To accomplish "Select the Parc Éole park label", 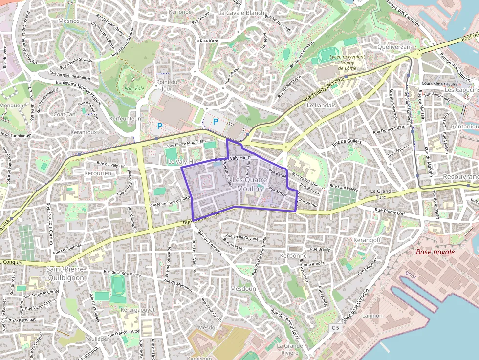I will pyautogui.click(x=134, y=89).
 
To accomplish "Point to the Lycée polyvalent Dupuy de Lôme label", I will pyautogui.click(x=347, y=62).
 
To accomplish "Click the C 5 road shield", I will pyautogui.click(x=334, y=327).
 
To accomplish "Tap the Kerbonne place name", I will pyautogui.click(x=294, y=255).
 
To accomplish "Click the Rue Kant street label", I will pyautogui.click(x=209, y=41).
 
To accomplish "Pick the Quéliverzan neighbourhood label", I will pyautogui.click(x=394, y=46).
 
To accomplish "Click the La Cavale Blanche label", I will pyautogui.click(x=243, y=13).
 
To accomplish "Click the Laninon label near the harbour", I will pyautogui.click(x=372, y=316).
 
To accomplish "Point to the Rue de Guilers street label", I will pyautogui.click(x=346, y=143).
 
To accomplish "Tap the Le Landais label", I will pyautogui.click(x=322, y=105).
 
